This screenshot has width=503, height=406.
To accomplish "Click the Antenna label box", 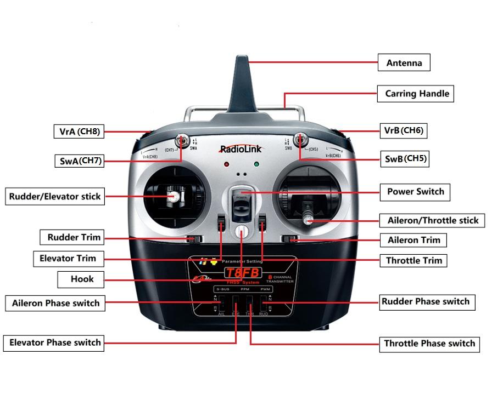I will pyautogui.click(x=404, y=63).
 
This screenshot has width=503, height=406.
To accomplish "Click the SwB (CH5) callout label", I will pyautogui.click(x=405, y=159).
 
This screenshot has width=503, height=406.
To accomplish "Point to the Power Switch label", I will pyautogui.click(x=415, y=192).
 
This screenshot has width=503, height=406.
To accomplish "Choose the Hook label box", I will pyautogui.click(x=81, y=279).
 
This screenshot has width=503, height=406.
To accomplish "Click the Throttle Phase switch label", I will pyautogui.click(x=429, y=344).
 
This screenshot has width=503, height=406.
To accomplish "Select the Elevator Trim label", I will pyautogui.click(x=68, y=259).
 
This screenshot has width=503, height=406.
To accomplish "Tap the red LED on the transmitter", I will pyautogui.click(x=226, y=164).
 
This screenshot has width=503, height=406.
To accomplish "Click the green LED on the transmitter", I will pyautogui.click(x=256, y=164).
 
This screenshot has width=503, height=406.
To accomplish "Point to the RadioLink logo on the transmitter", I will pyautogui.click(x=241, y=149).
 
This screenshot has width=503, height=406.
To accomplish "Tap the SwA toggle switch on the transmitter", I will pyautogui.click(x=182, y=140).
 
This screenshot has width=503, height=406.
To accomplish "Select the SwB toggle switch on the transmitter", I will pyautogui.click(x=299, y=139).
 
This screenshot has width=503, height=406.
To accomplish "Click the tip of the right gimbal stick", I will pyautogui.click(x=309, y=220).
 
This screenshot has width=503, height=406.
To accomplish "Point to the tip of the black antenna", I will pyautogui.click(x=242, y=58).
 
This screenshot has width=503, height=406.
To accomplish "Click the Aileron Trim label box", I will pyautogui.click(x=413, y=240).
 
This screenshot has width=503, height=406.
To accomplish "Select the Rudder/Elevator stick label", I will pyautogui.click(x=55, y=197).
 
